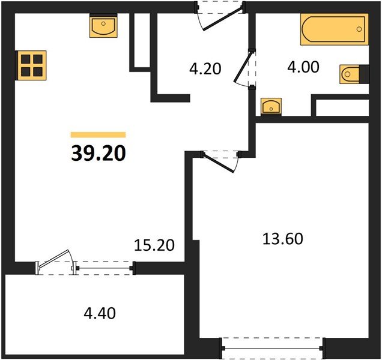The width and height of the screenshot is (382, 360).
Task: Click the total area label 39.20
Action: point(99,154)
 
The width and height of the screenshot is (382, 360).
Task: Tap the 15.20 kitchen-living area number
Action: point(154,245)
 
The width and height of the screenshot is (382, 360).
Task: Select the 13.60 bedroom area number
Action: point(283,239)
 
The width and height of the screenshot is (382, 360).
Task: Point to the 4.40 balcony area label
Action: point(100,313)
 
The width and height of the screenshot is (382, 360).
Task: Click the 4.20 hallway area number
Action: point(205,68)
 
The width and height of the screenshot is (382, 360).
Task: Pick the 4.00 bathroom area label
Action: point(303,67)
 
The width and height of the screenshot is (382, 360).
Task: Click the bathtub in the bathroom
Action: point(334,29)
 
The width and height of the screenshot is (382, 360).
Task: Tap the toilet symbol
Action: point(350,74)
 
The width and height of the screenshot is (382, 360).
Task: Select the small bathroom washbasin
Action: point(271,106)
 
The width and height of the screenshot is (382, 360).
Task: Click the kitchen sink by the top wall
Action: point(103,26)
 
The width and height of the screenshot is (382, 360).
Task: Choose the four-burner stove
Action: point(31,65)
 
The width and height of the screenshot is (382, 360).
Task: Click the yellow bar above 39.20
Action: point(98,134)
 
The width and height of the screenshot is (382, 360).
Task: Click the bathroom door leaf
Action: point(243,67)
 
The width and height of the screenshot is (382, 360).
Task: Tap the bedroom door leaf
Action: point(219,163)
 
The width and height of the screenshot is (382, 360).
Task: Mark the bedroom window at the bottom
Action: point(273,349)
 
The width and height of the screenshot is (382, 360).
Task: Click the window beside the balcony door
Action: point(104,268)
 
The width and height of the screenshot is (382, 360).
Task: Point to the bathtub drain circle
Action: point(359,29)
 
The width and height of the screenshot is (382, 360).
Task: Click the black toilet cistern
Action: point(364,74)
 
